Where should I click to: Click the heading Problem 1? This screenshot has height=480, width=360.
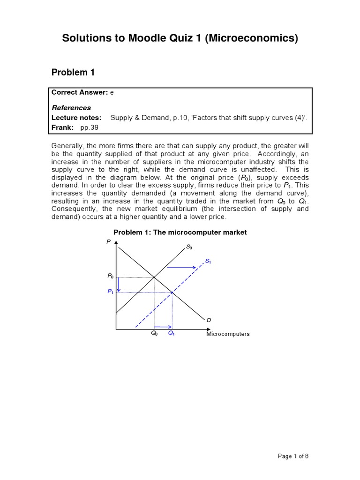pyautogui.click(x=73, y=72)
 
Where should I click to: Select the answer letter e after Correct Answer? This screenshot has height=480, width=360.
pyautogui.click(x=112, y=93)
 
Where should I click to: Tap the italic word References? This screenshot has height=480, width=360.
pyautogui.click(x=71, y=108)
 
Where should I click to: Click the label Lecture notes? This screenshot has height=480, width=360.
pyautogui.click(x=76, y=118)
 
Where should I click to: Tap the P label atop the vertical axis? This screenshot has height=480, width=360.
pyautogui.click(x=108, y=241)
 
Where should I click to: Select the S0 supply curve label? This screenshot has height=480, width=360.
pyautogui.click(x=189, y=247)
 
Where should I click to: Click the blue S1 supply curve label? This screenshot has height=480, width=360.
pyautogui.click(x=208, y=261)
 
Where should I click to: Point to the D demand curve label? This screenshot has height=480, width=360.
pyautogui.click(x=209, y=320)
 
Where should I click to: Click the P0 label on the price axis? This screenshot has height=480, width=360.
pyautogui.click(x=110, y=277)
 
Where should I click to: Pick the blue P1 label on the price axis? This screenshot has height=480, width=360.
pyautogui.click(x=110, y=292)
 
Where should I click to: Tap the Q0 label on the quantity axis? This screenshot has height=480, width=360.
pyautogui.click(x=154, y=334)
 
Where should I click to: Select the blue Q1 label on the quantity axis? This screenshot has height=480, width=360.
pyautogui.click(x=172, y=334)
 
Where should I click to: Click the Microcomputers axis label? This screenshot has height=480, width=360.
pyautogui.click(x=228, y=334)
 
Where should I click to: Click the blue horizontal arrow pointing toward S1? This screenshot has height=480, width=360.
pyautogui.click(x=181, y=268)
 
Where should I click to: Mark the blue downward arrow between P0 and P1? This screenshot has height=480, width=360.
pyautogui.click(x=120, y=285)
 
